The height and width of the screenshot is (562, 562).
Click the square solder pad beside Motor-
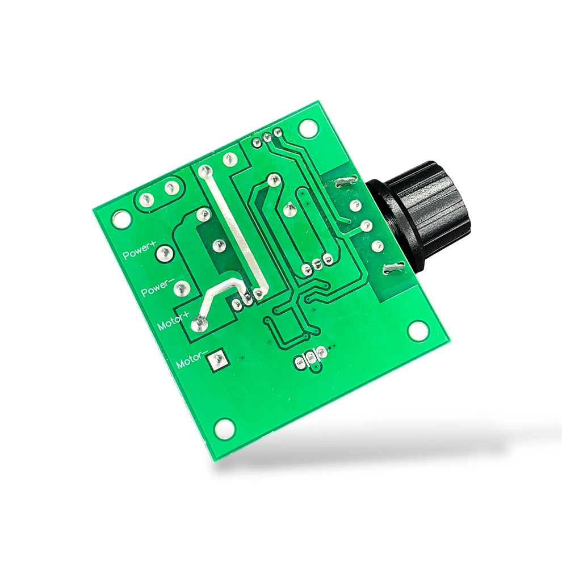pyautogui.click(x=216, y=359)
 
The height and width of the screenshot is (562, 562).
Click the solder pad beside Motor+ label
pyautogui.click(x=199, y=324)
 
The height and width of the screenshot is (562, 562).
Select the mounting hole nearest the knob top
pyautogui.click(x=308, y=128)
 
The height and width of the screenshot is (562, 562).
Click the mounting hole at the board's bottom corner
pyautogui.click(x=225, y=427)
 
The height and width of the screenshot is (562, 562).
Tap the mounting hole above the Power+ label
pyautogui.click(x=120, y=219)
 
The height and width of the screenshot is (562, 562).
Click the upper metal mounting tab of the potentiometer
pyautogui.click(x=345, y=182)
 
